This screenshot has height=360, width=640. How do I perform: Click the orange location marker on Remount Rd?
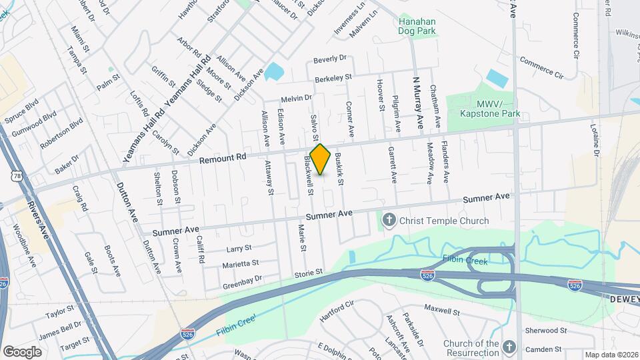[x=321, y=159]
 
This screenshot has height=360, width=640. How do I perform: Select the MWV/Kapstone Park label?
[x=489, y=109]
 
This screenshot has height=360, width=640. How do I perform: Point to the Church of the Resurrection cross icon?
[x=509, y=347]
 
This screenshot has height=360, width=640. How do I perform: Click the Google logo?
[x=22, y=351]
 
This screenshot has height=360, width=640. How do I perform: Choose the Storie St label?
[x=309, y=273]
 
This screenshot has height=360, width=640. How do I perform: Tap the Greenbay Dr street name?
[x=242, y=279]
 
